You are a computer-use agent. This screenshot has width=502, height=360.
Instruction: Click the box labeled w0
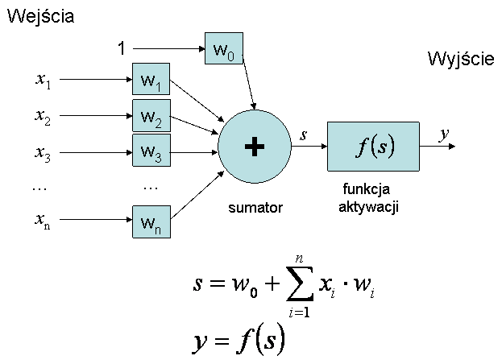(x=224, y=50)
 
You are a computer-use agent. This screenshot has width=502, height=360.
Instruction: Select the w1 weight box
(x=151, y=80)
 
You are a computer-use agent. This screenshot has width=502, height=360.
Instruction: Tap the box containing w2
(x=151, y=116)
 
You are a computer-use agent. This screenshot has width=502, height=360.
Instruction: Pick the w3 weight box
(x=151, y=151)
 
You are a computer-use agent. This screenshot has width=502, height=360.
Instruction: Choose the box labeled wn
(x=151, y=221)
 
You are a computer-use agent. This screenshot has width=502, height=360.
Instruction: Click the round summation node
(x=255, y=147)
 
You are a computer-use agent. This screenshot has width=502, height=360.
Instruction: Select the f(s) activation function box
(x=373, y=147)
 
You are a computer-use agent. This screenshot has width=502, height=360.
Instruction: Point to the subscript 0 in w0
(x=231, y=56)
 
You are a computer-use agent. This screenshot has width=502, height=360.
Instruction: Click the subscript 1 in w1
(x=158, y=86)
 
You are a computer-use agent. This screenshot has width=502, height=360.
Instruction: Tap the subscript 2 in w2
(x=158, y=122)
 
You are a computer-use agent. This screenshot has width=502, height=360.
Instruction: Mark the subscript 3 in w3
(x=158, y=157)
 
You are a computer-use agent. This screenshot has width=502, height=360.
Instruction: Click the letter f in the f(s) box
(x=362, y=147)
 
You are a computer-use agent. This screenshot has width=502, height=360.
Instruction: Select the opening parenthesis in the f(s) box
(x=371, y=147)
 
